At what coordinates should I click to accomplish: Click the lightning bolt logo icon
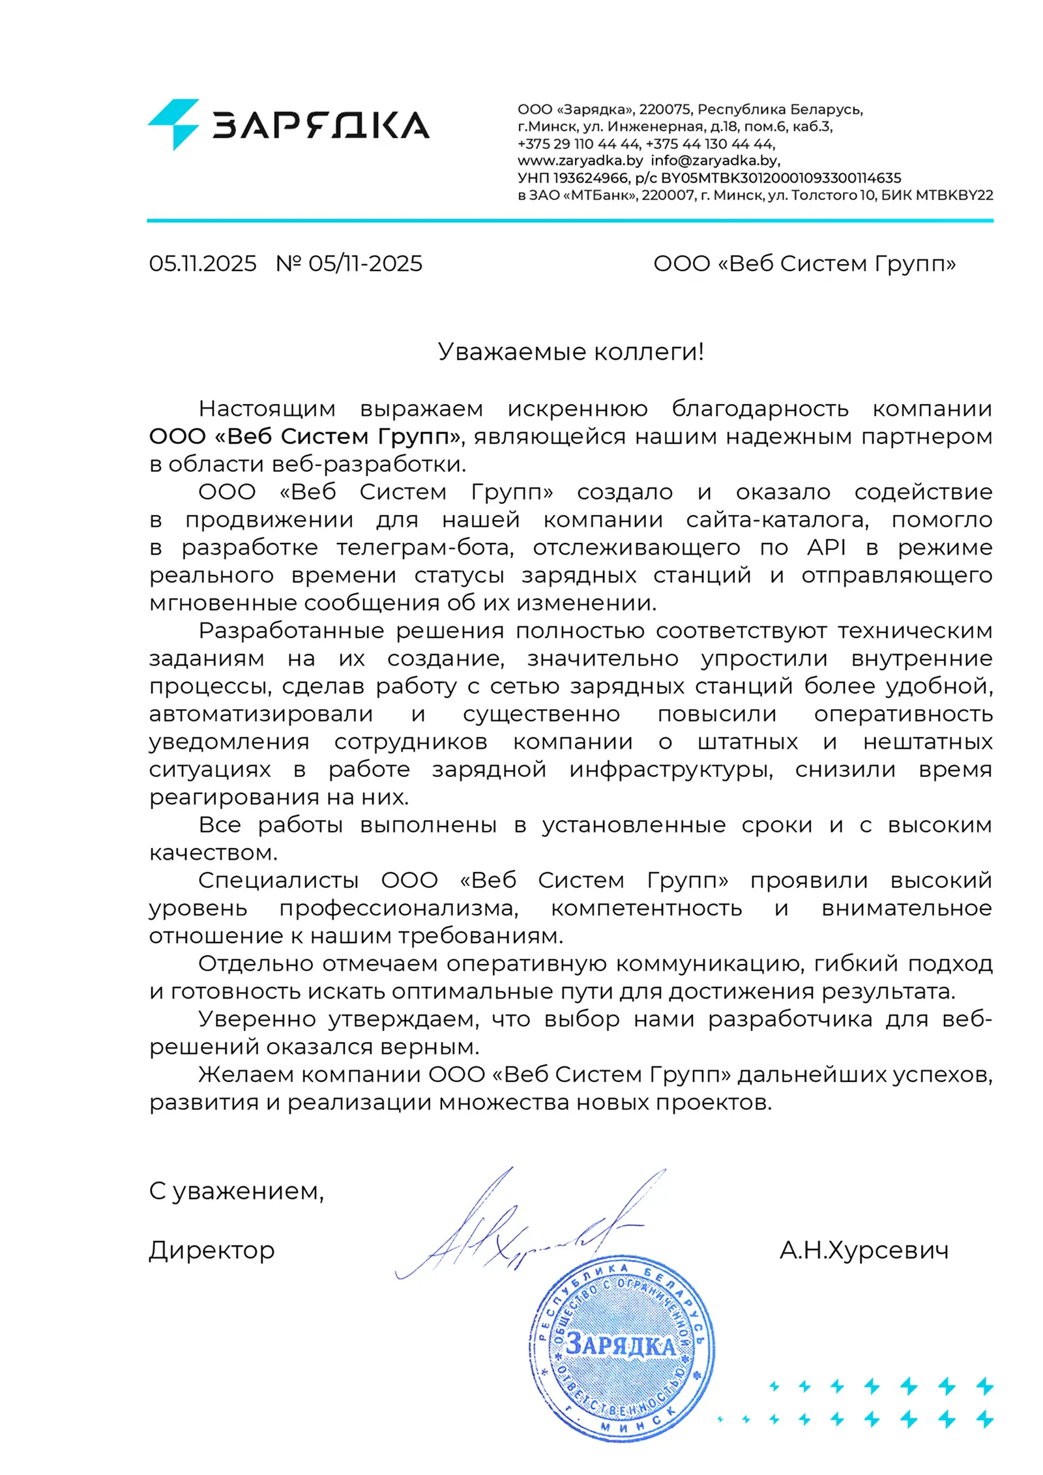pos(173,124)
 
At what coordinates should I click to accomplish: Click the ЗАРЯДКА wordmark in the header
pos(321,125)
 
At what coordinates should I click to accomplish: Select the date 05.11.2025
pos(203,263)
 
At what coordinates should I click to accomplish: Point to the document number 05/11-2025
pos(365,263)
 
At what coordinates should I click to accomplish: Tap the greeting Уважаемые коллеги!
pos(570,351)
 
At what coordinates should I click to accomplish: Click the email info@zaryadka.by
pos(714,160)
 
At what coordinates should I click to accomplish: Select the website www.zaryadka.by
pos(580,160)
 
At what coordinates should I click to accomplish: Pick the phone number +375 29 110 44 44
pos(578,143)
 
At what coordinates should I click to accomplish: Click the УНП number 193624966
pos(591,178)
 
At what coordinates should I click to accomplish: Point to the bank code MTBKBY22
pos(954,195)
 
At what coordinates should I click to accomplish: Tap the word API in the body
pos(826,548)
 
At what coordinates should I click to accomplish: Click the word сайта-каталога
pos(777,519)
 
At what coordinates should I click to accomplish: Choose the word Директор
pos(212,1250)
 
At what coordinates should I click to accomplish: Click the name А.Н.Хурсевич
pos(864,1250)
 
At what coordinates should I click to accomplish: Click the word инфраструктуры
pos(671,769)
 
